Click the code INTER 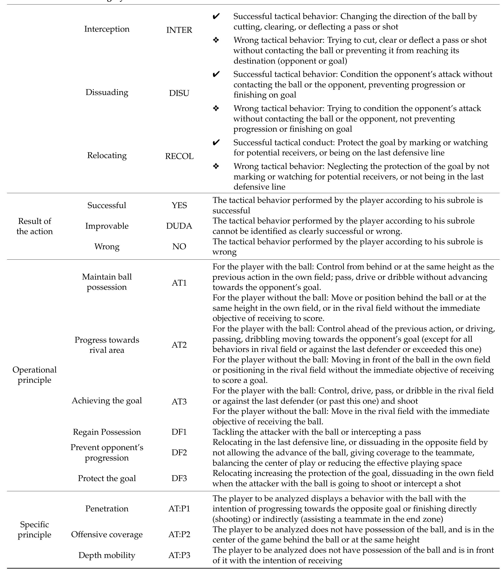coord(179,30)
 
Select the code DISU coord(179,93)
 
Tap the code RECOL coord(179,156)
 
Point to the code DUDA coord(179,226)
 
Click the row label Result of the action coord(35,226)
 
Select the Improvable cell coord(107,226)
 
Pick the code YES coord(179,205)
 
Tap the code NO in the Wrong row coord(179,246)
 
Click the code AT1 coord(179,283)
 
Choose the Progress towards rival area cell coord(107,345)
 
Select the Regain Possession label coord(107,432)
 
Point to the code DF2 coord(179,452)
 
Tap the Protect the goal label coord(107,478)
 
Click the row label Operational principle coord(35,375)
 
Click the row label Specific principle coord(35,529)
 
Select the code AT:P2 coord(179,534)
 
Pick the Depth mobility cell coord(107,555)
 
